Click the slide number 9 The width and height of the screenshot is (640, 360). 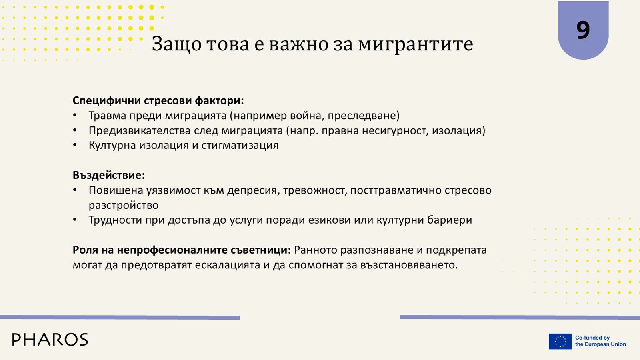(583, 30)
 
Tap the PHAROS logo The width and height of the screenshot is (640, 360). (50, 340)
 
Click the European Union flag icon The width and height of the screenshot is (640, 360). (560, 341)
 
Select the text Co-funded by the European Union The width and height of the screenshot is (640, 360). (600, 341)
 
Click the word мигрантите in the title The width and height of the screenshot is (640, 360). (416, 44)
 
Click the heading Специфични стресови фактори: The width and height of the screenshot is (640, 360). (158, 100)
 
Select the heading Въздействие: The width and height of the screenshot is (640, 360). (109, 175)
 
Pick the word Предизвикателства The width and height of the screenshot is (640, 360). (140, 130)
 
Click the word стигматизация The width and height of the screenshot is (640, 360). (240, 146)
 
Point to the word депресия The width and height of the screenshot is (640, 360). (252, 190)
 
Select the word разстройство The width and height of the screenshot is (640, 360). (124, 206)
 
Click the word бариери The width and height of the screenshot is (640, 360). (450, 220)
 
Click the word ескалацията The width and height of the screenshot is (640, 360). (228, 265)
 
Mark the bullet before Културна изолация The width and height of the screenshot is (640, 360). (75, 146)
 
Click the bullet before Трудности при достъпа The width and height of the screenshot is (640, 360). (75, 220)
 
